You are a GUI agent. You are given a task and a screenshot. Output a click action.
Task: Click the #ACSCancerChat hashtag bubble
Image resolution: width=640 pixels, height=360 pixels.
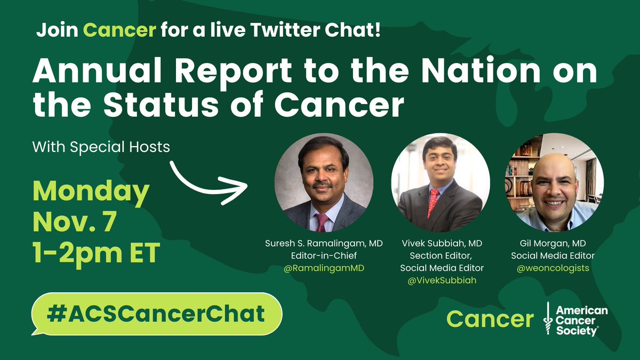157,314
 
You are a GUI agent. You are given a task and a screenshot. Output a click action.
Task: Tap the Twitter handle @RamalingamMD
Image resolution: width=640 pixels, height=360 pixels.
324,268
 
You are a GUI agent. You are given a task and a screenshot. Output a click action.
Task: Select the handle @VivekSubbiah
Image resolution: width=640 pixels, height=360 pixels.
442,281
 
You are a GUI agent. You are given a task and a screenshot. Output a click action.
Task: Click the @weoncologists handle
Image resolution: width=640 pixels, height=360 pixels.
553,268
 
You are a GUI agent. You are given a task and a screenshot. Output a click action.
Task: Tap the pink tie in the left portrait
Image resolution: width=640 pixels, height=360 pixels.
322,223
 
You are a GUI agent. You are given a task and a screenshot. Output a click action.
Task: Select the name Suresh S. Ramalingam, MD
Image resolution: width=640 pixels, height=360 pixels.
324,243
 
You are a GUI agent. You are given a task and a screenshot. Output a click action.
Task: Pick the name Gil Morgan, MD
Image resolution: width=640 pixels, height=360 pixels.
553,243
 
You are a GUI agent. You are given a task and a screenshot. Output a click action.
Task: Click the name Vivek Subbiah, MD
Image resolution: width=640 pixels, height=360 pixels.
442,243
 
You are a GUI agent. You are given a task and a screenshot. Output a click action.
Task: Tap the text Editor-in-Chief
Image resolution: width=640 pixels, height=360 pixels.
324,255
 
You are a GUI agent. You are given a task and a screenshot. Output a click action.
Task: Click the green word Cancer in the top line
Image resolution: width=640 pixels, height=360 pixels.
119,30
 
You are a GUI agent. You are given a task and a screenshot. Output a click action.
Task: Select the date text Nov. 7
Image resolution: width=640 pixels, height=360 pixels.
75,222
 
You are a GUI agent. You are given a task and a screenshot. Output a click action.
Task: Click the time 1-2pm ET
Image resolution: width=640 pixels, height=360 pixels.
97,253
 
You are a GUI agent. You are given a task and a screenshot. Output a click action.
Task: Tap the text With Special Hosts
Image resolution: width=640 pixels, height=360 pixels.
101,147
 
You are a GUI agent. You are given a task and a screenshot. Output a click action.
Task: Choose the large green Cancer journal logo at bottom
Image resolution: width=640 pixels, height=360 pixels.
490,319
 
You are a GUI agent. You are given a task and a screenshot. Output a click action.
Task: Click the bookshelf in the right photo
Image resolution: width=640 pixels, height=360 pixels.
519,177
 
